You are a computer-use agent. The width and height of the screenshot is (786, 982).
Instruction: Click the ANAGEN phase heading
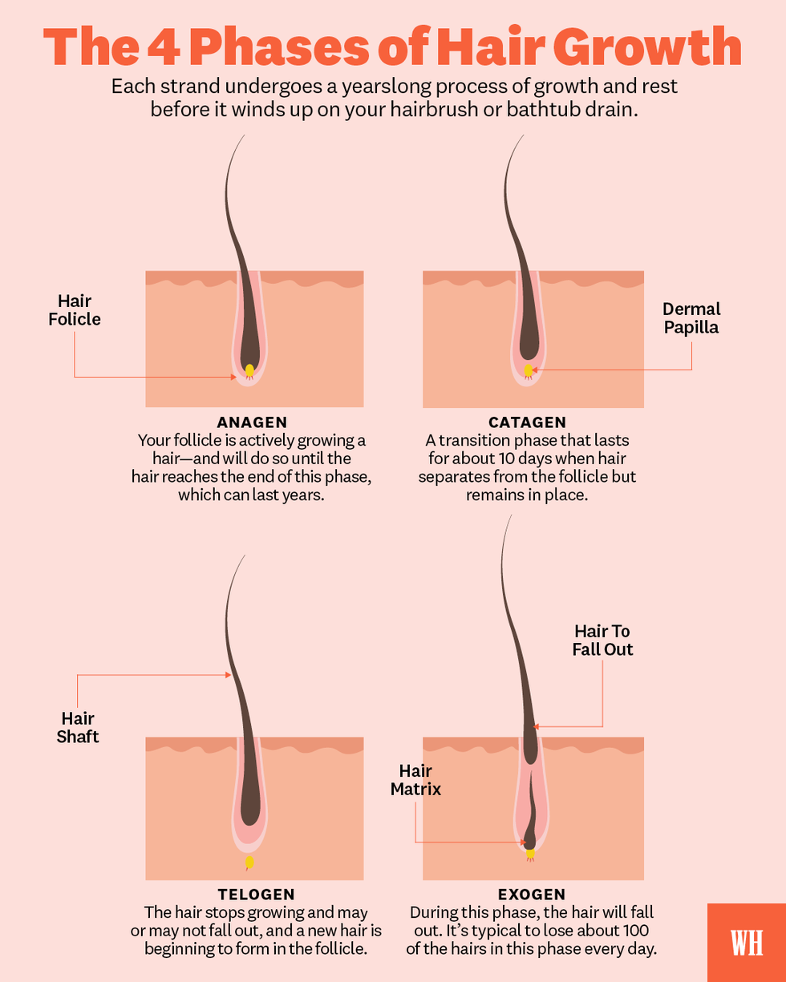click(252, 422)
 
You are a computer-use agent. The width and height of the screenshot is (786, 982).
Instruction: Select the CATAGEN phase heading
click(527, 422)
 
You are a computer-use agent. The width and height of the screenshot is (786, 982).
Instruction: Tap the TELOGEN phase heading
click(256, 894)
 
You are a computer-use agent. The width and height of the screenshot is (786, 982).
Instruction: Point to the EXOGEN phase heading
click(532, 894)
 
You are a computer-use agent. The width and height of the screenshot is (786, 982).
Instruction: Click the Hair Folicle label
click(75, 310)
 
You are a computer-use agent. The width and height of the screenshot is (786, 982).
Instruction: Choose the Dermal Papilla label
click(691, 318)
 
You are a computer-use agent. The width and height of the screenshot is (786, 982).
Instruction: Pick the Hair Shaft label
click(78, 727)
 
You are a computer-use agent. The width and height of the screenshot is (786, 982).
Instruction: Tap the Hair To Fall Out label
click(602, 641)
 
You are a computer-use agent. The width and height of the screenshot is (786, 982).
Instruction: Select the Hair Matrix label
click(415, 780)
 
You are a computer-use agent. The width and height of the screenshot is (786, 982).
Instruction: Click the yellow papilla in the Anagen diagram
click(249, 370)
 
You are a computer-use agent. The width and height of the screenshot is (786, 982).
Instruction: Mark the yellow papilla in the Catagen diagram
click(528, 370)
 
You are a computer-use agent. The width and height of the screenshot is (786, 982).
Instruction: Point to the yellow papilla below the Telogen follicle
click(249, 862)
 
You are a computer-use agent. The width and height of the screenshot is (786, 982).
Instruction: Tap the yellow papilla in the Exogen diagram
click(530, 853)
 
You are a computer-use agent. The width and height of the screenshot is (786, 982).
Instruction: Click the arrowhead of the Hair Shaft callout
click(229, 675)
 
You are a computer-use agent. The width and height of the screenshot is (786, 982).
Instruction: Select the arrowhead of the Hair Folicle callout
click(233, 377)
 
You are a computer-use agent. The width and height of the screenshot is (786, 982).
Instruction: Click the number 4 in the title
click(164, 47)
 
